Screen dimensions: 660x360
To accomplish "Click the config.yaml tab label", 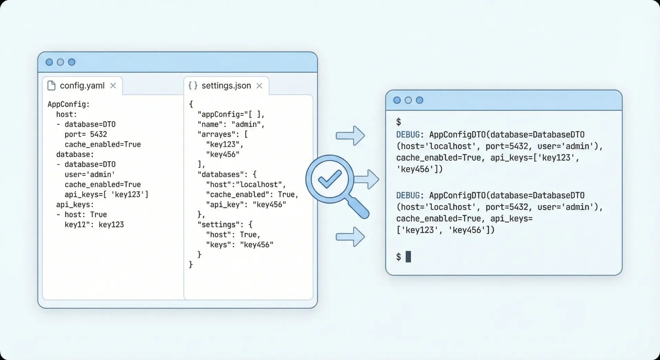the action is (x=82, y=86).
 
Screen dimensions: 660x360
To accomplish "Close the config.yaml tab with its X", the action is (x=113, y=86).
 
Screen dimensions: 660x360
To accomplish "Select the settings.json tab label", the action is (x=226, y=86).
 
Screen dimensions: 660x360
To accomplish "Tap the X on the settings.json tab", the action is (x=260, y=86).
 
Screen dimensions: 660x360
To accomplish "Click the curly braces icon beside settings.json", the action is (x=193, y=86).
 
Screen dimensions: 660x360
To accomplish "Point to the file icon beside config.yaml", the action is (x=51, y=86).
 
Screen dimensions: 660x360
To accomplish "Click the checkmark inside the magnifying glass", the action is (x=330, y=179).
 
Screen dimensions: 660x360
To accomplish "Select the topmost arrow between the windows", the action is (x=350, y=135).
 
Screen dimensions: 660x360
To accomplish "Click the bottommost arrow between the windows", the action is (x=350, y=237).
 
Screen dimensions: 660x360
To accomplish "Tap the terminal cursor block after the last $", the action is (x=408, y=257).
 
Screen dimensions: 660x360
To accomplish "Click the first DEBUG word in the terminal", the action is (x=408, y=134).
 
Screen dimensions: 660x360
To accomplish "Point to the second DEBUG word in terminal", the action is (x=408, y=195).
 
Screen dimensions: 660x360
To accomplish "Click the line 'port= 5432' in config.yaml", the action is (x=86, y=134).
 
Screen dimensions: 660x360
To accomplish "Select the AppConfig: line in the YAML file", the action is (x=69, y=104).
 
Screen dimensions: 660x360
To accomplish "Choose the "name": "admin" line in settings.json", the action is (x=231, y=124).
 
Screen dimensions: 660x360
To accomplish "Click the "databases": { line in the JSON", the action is (x=227, y=175).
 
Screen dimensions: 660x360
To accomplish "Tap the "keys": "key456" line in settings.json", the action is (x=240, y=245).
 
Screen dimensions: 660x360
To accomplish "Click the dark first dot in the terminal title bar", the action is (x=397, y=100).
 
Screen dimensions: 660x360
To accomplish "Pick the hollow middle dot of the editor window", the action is (x=60, y=62).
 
